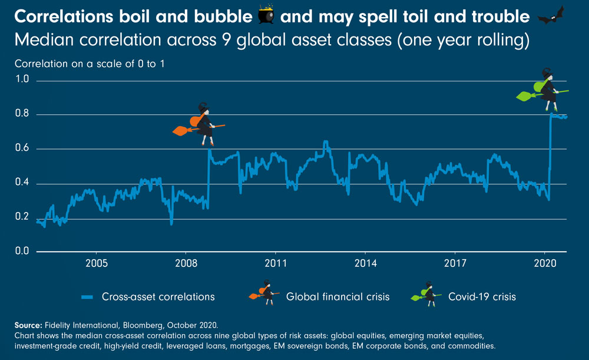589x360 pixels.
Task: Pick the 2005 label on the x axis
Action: (x=97, y=263)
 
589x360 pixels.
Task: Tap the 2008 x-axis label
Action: (x=186, y=263)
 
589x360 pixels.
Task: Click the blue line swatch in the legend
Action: (x=88, y=297)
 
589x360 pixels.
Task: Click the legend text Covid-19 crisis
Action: (x=482, y=297)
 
